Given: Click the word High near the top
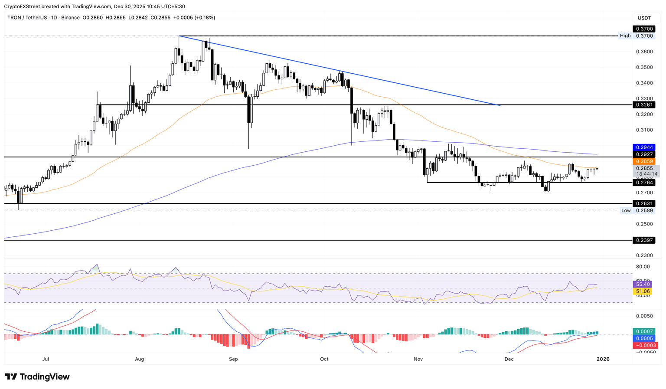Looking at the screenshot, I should [625, 36].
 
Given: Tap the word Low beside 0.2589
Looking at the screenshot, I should [626, 210].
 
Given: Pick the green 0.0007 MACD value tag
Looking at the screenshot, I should [644, 331].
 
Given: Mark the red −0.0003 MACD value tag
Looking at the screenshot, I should [644, 345].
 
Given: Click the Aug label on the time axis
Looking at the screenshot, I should [140, 359].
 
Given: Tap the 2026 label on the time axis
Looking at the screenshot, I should [603, 359].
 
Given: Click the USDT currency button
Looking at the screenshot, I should [644, 18].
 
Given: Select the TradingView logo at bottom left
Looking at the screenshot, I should [37, 377].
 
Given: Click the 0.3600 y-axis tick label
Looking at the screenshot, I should [644, 52].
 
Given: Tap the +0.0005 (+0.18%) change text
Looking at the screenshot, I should [194, 18].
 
